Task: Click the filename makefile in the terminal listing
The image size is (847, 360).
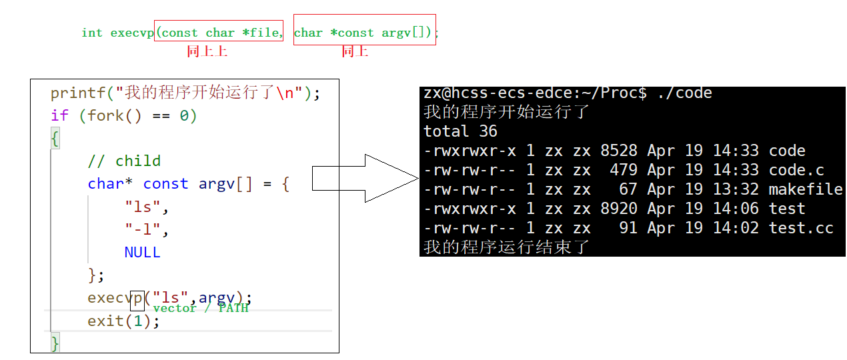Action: click(x=806, y=189)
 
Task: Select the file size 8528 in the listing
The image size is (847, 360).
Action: click(x=619, y=151)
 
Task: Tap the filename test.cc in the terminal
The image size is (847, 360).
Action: click(x=801, y=228)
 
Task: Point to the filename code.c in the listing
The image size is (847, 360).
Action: click(x=796, y=170)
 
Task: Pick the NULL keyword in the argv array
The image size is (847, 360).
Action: click(x=142, y=252)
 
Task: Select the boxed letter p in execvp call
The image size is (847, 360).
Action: click(x=137, y=297)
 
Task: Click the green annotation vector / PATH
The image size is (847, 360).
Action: click(x=200, y=308)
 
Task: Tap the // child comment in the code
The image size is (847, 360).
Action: click(x=124, y=161)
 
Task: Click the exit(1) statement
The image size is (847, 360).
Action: click(x=123, y=321)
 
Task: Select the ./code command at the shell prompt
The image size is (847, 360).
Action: click(x=684, y=93)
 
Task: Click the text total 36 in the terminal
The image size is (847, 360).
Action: click(x=460, y=131)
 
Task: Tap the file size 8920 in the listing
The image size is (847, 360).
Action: click(x=619, y=209)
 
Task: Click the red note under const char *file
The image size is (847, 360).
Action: click(x=207, y=51)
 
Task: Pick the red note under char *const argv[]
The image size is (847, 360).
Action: click(x=355, y=51)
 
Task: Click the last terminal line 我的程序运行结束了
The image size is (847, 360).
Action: click(x=507, y=247)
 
